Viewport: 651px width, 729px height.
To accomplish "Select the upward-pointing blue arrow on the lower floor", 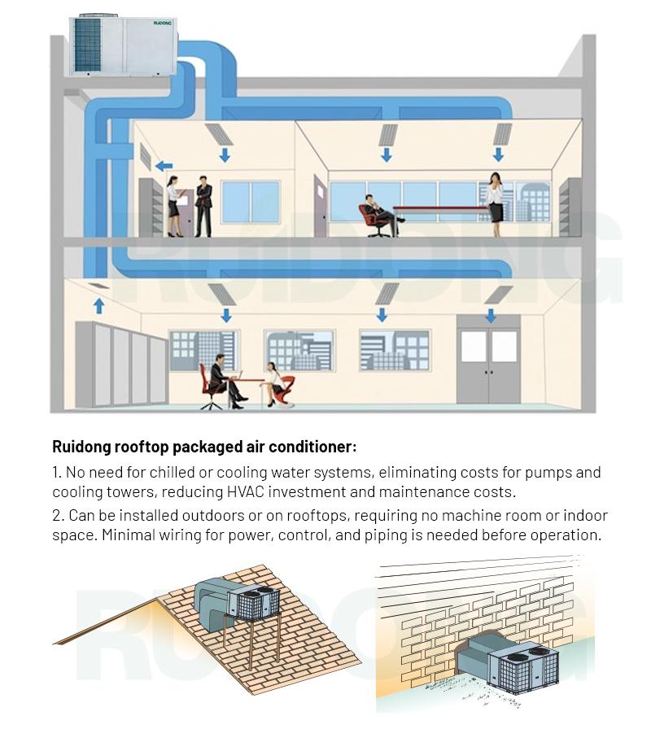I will point(98,305).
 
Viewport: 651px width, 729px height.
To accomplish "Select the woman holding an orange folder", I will point(174,207).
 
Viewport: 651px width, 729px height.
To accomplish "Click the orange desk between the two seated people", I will point(244,381).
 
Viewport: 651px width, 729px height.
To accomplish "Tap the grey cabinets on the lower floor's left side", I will point(120,364).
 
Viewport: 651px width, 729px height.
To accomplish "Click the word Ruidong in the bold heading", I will point(81,447).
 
